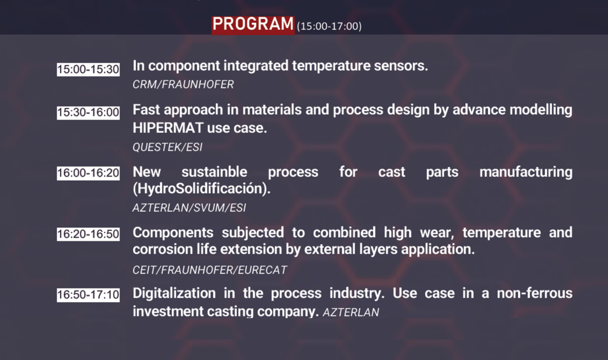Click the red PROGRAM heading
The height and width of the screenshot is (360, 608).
[253, 25]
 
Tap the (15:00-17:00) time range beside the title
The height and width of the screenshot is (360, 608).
[329, 26]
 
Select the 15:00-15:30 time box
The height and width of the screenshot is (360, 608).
[88, 69]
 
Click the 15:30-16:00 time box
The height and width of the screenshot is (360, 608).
[88, 112]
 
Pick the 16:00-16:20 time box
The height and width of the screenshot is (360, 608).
[88, 173]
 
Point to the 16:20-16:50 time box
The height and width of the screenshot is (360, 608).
[88, 234]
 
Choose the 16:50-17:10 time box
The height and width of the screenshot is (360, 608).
[88, 295]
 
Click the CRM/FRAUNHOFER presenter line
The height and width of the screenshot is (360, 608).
[183, 85]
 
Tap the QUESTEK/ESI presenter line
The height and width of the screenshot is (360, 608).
[168, 147]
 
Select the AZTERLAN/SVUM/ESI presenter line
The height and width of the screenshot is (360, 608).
[189, 208]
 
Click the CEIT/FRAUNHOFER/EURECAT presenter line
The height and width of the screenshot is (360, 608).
[210, 270]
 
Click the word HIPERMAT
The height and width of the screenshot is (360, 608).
[168, 128]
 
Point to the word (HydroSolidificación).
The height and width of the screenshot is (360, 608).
[202, 188]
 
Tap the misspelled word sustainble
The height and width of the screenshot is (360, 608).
[214, 172]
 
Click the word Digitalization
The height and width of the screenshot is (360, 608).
[174, 293]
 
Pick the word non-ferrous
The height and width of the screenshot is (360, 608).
[535, 293]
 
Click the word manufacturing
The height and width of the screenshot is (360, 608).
[526, 172]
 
